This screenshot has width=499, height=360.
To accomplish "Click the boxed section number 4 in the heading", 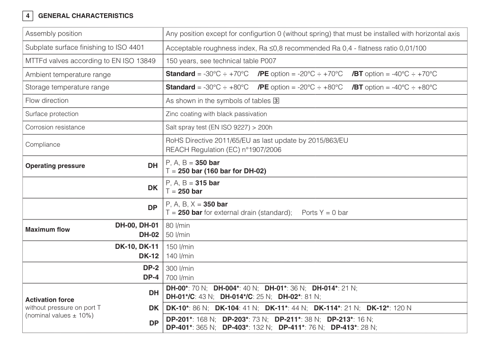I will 27,16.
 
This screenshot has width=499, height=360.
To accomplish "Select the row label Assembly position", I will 53,34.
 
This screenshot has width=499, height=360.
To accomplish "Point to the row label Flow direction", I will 47,101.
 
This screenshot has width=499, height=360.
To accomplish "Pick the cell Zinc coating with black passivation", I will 216,114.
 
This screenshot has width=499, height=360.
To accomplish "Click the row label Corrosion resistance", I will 55,127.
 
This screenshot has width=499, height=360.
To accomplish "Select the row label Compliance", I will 43,144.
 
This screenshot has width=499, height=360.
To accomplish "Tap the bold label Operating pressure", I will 55,166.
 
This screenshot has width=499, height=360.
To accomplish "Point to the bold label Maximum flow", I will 47,230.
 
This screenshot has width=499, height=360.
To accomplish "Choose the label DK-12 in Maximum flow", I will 149,255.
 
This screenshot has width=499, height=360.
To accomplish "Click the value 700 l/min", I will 178,278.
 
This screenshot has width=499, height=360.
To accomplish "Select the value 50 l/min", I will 178,235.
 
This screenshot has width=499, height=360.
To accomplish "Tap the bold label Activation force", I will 50,299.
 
